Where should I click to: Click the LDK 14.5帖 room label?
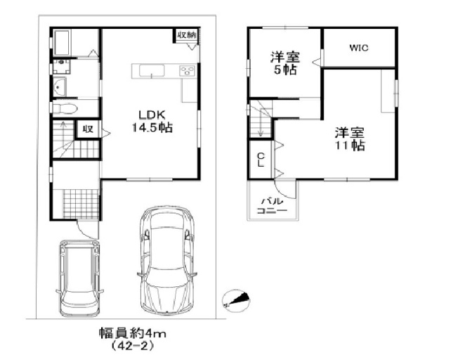[152, 122]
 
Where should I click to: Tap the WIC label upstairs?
[359, 48]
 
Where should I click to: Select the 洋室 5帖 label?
[285, 63]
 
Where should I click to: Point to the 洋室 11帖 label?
[350, 139]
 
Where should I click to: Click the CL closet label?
[261, 160]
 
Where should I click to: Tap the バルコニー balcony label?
[273, 206]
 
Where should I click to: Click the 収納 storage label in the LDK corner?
[186, 35]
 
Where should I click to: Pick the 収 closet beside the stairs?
[87, 129]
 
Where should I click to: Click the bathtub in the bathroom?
[61, 43]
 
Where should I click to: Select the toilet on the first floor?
[65, 108]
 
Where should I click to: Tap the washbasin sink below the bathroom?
[60, 86]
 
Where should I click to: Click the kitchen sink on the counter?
[152, 71]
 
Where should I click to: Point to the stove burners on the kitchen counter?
[188, 71]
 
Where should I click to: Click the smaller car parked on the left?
[79, 278]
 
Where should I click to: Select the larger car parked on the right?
[166, 260]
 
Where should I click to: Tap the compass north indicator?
[236, 300]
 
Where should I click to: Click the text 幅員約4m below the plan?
[132, 333]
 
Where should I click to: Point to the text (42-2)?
[132, 347]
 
